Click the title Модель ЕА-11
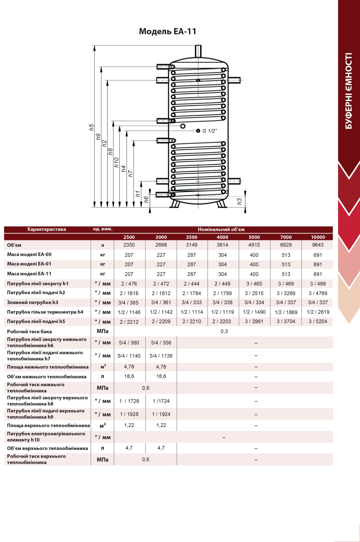167,32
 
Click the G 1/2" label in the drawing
210,131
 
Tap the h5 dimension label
91,127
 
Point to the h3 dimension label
240,201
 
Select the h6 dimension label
146,200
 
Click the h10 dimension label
116,162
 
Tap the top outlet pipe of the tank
198,51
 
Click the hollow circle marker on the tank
183,126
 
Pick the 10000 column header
318,237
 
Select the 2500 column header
129,237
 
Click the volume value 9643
318,245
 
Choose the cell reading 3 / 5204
318,321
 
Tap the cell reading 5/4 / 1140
129,356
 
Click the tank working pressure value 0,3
224,331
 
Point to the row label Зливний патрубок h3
33,302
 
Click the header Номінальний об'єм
221,229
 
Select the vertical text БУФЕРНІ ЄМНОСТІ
349,91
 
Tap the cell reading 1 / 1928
129,414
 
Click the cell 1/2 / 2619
318,312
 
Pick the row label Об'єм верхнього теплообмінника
48,448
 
